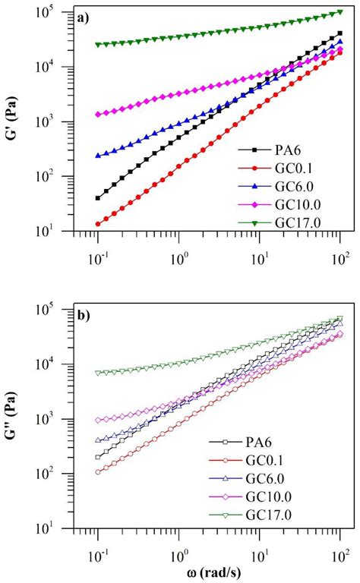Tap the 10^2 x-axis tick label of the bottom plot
click(339, 549)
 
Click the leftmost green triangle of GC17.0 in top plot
click(98, 44)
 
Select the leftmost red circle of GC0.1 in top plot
click(98, 223)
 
